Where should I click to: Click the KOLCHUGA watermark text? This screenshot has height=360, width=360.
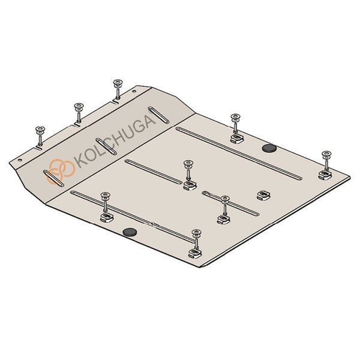click(x=115, y=142)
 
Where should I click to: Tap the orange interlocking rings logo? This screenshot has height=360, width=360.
click(x=62, y=170)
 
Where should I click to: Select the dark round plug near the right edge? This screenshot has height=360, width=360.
click(x=269, y=148)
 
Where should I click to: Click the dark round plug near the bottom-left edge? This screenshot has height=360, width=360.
click(x=130, y=232)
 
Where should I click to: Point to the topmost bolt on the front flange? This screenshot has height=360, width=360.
click(x=118, y=89)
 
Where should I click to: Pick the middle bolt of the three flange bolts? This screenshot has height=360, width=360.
click(x=79, y=113)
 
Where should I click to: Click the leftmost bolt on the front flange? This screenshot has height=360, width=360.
click(x=40, y=136)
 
